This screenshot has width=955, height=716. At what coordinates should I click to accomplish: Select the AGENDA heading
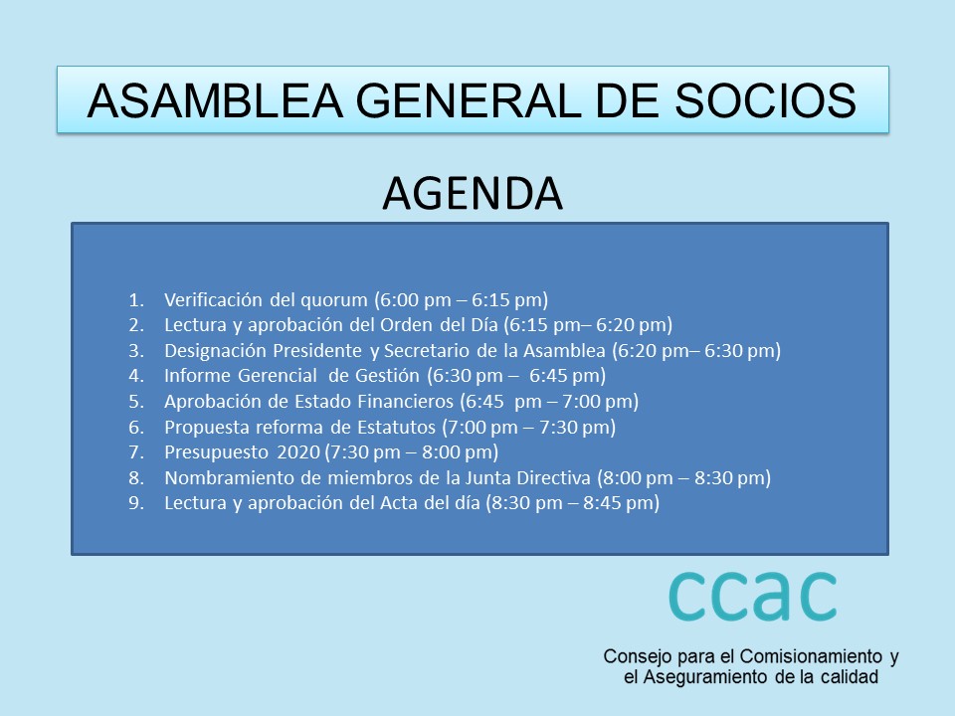tap(473, 194)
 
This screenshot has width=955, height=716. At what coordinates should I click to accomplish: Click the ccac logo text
tap(753, 596)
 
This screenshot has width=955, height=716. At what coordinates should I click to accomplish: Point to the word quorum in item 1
tap(334, 300)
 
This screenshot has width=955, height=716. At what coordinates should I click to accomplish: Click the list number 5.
tap(136, 402)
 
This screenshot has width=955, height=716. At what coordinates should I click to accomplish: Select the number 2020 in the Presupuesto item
tap(298, 452)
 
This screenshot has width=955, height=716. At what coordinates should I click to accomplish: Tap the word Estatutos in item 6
tap(397, 428)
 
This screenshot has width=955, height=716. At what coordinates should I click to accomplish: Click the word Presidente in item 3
tap(317, 351)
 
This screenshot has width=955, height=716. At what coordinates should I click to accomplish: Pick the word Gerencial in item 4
tap(278, 376)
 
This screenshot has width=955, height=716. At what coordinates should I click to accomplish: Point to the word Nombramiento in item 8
tap(230, 478)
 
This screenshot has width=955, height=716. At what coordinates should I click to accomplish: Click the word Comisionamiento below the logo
tap(812, 657)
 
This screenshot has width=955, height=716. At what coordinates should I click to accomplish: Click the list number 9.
tap(136, 503)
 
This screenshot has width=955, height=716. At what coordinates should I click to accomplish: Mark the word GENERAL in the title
tap(469, 100)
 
